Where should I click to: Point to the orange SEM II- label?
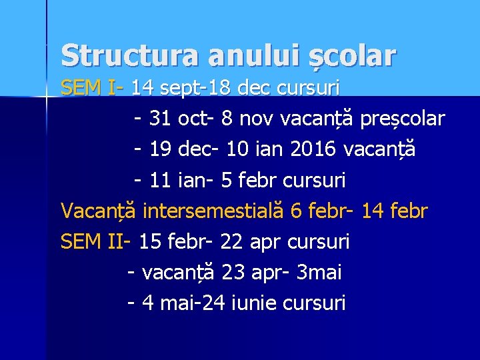point(96,241)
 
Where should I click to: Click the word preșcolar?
point(402,119)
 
